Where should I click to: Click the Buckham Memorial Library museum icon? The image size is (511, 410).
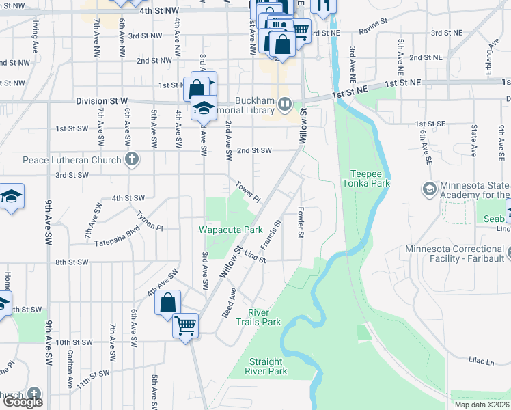(285, 105)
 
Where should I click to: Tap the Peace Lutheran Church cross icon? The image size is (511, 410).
(132, 160)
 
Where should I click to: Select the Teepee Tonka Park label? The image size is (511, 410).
(370, 178)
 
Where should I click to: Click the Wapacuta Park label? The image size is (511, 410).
(231, 230)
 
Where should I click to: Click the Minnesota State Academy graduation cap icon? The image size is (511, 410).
(429, 188)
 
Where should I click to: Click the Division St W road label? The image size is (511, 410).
(102, 101)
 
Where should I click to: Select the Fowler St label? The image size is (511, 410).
(300, 224)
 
